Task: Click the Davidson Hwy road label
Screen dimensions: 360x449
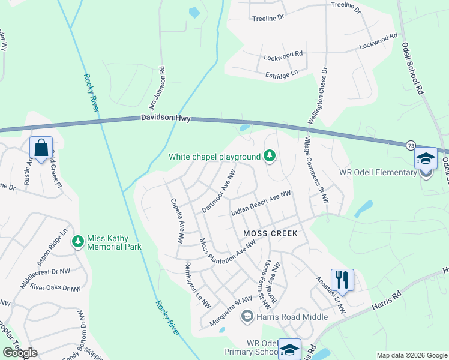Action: point(166,119)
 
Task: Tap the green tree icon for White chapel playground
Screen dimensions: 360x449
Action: point(270,157)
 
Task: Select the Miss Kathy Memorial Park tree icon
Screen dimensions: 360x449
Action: point(77,242)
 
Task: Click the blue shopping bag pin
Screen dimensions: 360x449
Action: point(41,148)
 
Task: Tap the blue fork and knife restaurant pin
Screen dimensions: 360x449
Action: point(342,280)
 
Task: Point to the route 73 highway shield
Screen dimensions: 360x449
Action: point(411,145)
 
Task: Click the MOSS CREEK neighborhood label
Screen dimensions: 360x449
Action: point(270,232)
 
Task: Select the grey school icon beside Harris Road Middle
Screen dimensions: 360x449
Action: point(247,316)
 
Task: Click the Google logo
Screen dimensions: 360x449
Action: point(20,353)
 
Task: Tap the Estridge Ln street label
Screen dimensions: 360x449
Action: point(282,74)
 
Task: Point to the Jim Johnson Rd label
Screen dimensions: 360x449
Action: point(161,83)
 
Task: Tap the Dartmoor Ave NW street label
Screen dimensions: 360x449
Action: point(218,190)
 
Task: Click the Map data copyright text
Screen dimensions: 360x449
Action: point(411,355)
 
